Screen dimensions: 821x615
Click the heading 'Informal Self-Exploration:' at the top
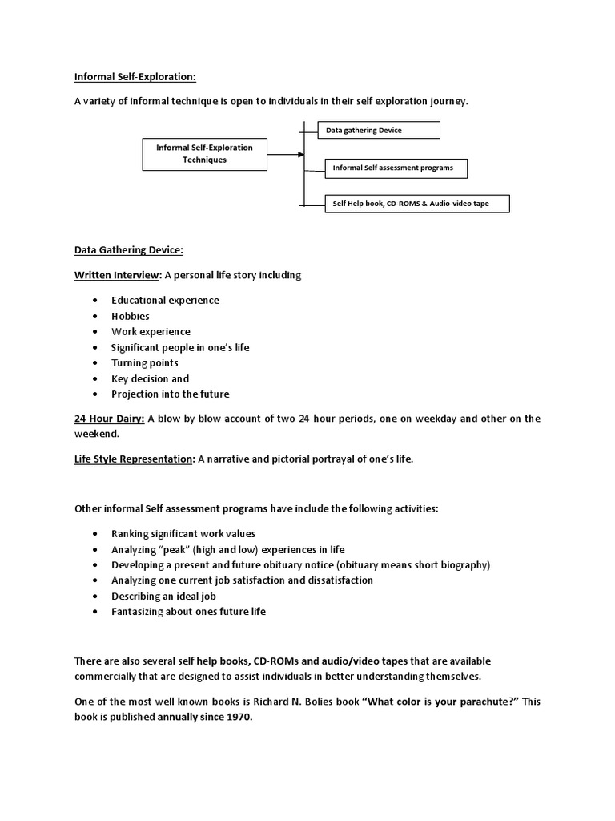[x=135, y=77]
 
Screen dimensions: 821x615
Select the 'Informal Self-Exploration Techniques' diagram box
[x=204, y=153]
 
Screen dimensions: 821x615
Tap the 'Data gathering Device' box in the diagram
[x=380, y=130]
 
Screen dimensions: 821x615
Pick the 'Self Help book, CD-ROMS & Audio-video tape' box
[x=417, y=204]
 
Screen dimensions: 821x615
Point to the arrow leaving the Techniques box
[x=285, y=153]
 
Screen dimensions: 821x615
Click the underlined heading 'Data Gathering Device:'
[x=129, y=250]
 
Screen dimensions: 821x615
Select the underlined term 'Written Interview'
[x=117, y=275]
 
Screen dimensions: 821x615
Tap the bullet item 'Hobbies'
[x=131, y=316]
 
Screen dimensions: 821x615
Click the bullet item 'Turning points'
[x=145, y=362]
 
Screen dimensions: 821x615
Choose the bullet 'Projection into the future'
[x=170, y=394]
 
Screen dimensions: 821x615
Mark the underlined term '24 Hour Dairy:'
[x=109, y=419]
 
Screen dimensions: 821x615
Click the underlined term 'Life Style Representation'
[x=134, y=459]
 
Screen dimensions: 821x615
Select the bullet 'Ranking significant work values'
[x=183, y=533]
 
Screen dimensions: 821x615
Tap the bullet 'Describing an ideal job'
[x=163, y=596]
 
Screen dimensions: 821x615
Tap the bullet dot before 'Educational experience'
[x=94, y=300]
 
